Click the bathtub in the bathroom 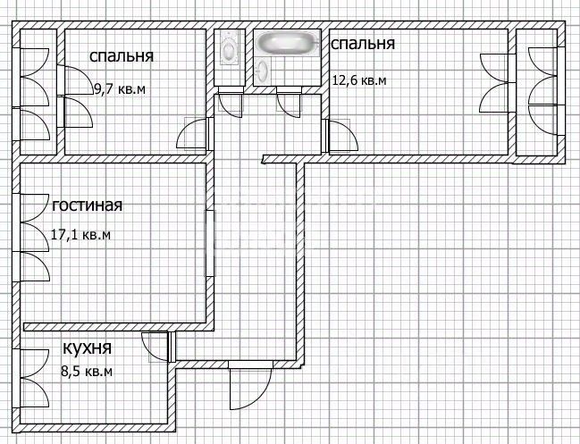coord(288,43)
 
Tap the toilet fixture coord(229,47)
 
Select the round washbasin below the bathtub coord(264,71)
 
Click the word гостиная coord(87,205)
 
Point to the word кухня coord(88,348)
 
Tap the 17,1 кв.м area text coord(80,235)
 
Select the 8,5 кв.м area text coord(87,371)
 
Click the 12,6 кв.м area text coord(359,80)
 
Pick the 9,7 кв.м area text coord(120,89)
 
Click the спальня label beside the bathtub coord(363,44)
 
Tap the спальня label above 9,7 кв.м coord(122,56)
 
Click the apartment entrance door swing coord(250,386)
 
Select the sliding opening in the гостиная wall coord(210,244)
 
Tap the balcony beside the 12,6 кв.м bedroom coord(541,92)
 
